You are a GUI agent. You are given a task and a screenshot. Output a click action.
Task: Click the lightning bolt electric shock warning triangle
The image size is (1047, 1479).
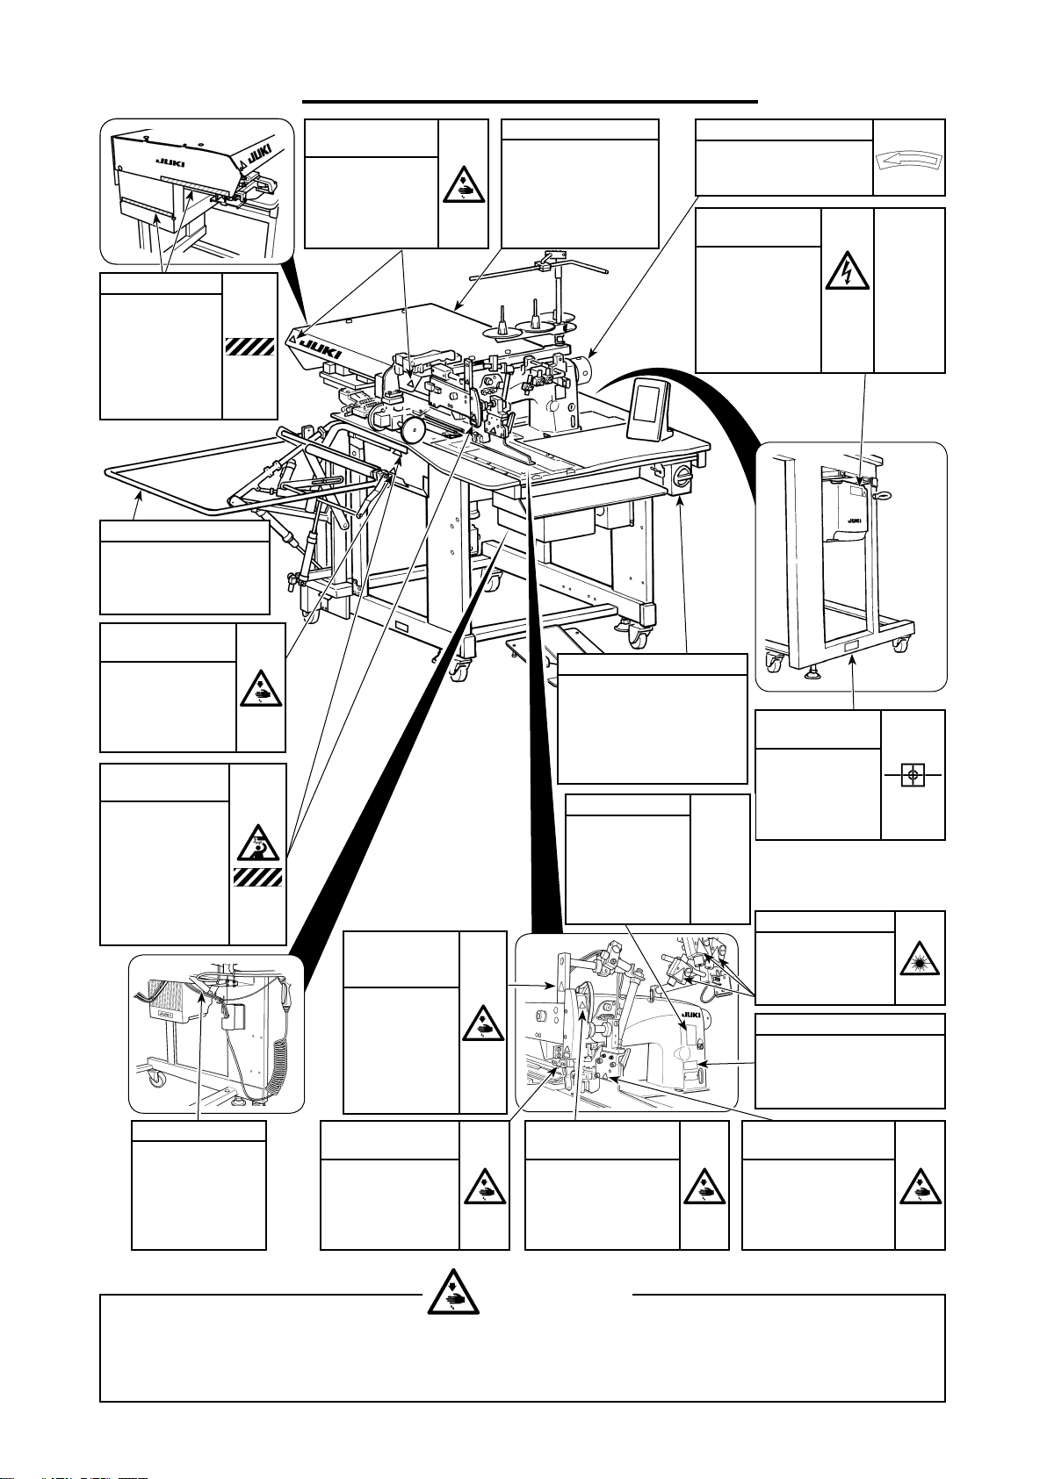coord(848,272)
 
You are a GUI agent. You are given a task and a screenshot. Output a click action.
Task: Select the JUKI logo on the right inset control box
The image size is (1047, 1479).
coord(854,521)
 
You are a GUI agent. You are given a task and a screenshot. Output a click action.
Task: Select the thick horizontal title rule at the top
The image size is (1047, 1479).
coord(530,103)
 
